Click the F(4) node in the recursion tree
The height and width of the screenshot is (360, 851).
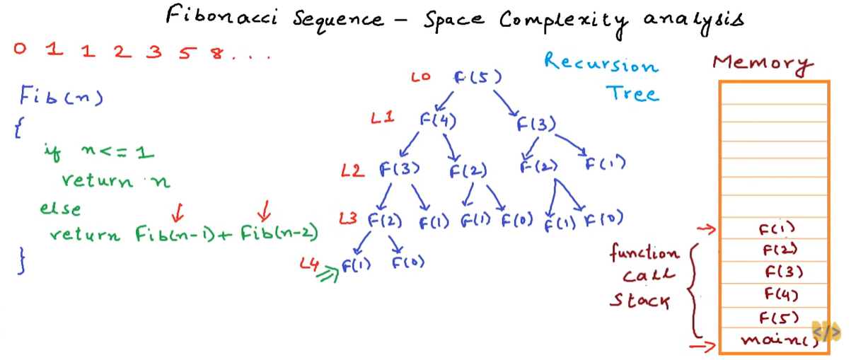(x=438, y=120)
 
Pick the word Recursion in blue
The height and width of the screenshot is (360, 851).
(x=601, y=65)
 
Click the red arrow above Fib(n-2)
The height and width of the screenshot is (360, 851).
(x=265, y=209)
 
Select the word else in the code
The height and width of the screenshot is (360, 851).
(x=60, y=209)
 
